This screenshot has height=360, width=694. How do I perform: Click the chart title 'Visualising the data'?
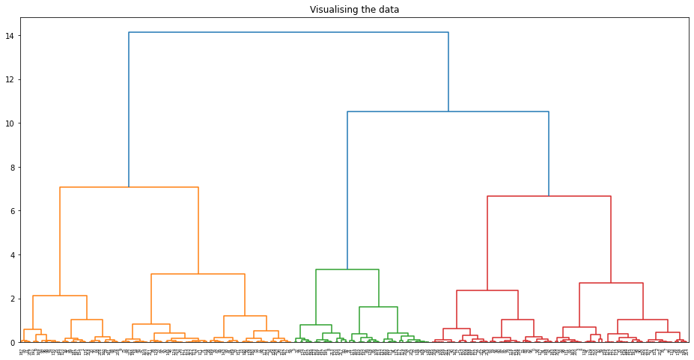tap(354, 10)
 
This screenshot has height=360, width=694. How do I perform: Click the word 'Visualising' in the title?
tap(334, 10)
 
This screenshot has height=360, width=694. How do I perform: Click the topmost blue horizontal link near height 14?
tap(288, 32)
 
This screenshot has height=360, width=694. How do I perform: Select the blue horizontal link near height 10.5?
tap(448, 112)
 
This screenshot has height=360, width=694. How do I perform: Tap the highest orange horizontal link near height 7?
tap(129, 187)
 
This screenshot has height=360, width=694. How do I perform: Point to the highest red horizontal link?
tap(549, 196)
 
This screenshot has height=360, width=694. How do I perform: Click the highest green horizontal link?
tap(347, 269)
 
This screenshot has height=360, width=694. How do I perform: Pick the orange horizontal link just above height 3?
tap(198, 274)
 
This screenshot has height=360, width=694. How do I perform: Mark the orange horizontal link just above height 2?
tap(60, 296)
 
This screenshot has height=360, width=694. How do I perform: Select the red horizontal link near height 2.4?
tap(487, 290)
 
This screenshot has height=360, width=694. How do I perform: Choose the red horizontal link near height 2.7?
tap(611, 283)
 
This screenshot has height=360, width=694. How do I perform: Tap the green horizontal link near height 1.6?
tap(378, 307)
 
